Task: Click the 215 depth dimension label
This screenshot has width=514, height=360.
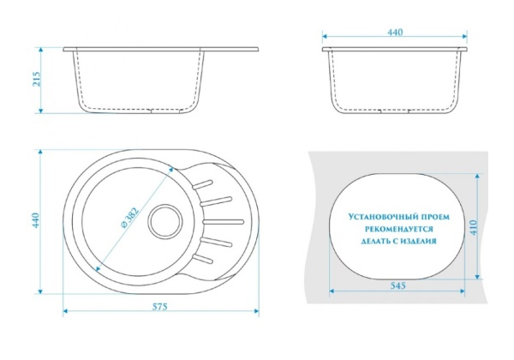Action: coord(37,79)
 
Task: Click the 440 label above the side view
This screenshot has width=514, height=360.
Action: coord(395,32)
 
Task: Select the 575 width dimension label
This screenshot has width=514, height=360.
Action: coord(160,306)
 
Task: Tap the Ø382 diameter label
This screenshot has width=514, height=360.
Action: coord(130,217)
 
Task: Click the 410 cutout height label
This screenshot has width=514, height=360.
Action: coord(473,227)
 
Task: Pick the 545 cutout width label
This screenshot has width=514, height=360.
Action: coord(398,286)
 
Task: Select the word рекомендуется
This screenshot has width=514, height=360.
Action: coord(399,229)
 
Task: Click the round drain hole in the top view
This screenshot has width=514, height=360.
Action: coord(164,220)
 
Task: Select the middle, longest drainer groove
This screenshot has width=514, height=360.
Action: coord(224,222)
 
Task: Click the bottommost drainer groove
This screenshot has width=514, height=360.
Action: coord(203,259)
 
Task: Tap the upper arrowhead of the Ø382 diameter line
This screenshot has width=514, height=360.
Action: coord(171,170)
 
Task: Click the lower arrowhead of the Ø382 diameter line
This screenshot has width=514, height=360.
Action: coord(97,269)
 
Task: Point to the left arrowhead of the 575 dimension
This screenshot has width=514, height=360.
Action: coord(65,310)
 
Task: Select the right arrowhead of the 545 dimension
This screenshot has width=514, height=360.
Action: coord(463,291)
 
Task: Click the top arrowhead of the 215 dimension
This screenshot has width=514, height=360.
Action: coord(40,50)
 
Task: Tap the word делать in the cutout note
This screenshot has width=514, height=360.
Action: coord(374,242)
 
